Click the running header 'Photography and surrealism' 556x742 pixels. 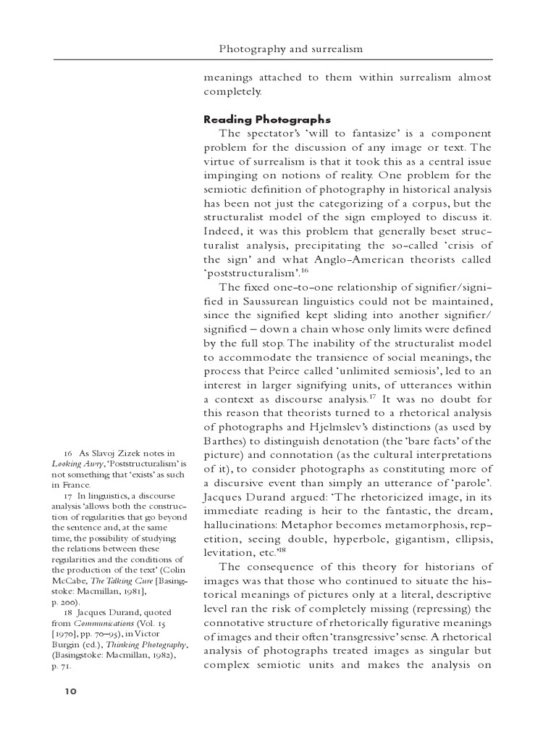coord(290,49)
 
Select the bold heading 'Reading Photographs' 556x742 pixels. coord(267,120)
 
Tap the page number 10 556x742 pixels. coord(70,691)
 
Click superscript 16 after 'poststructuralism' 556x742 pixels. coord(305,270)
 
